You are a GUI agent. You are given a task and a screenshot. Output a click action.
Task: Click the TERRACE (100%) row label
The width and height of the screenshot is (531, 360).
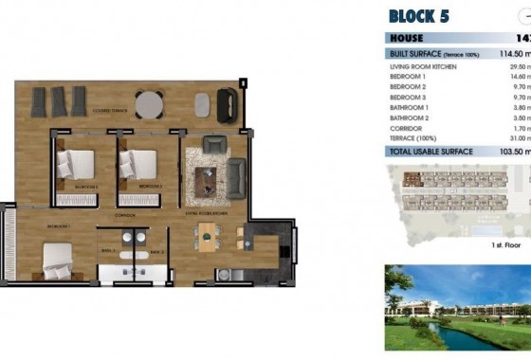(413, 139)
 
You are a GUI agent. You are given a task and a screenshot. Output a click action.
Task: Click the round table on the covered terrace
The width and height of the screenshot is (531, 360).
(149, 103)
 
